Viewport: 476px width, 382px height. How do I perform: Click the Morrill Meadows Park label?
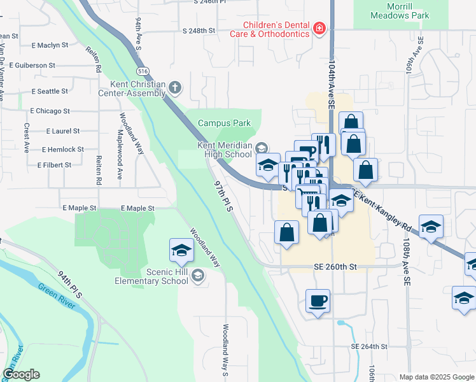400,11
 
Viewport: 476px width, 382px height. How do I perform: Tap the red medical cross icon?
319,28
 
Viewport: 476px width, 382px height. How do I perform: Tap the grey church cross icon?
176,87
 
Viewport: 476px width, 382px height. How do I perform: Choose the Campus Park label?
225,123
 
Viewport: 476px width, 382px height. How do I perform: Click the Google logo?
21,374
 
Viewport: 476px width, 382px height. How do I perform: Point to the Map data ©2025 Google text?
436,377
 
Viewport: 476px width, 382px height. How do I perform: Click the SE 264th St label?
369,346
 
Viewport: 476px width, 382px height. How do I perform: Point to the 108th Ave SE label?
405,264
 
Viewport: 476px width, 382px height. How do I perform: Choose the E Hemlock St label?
63,150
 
